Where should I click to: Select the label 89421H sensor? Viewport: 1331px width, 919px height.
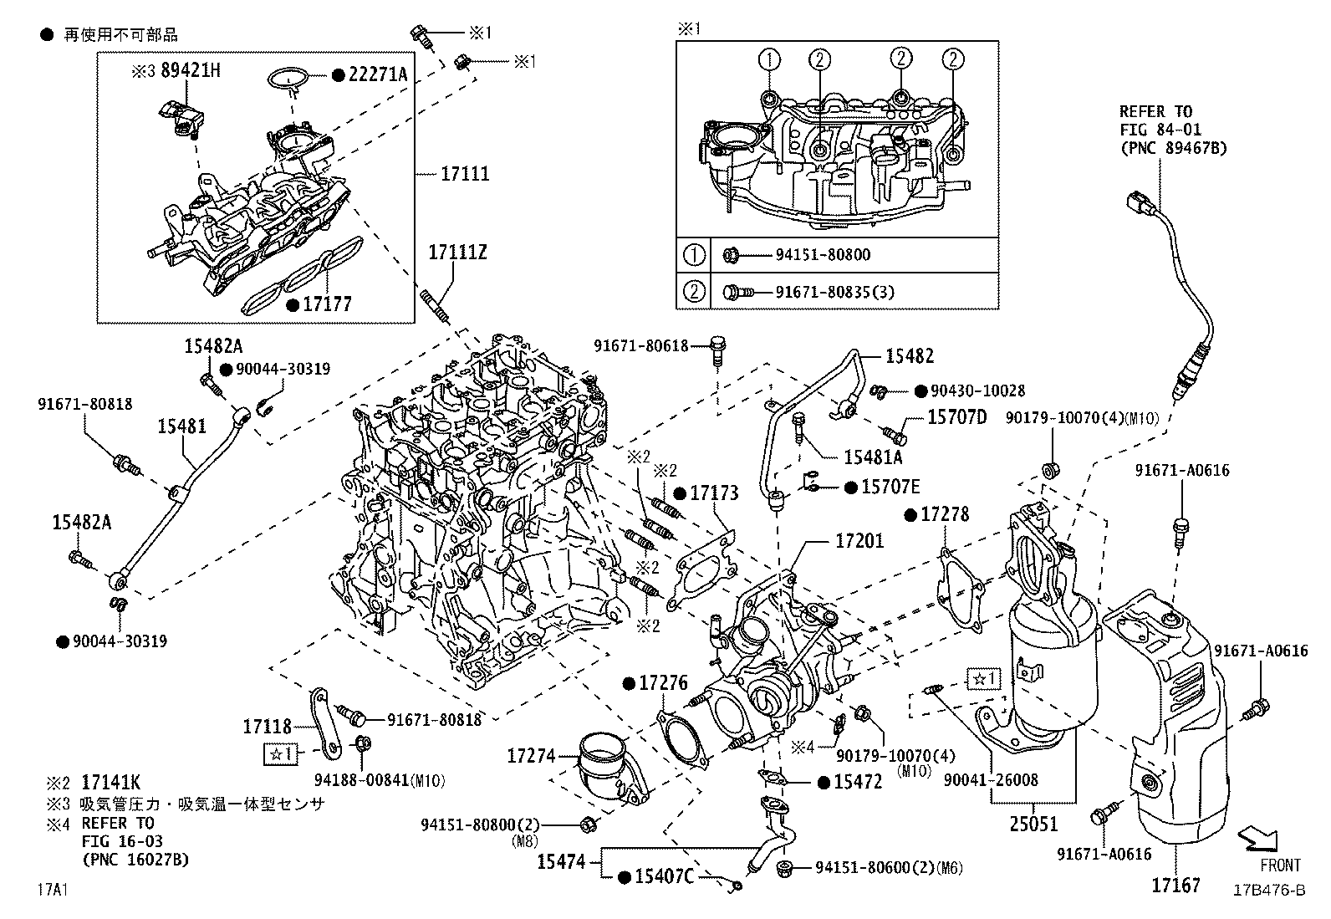[190, 70]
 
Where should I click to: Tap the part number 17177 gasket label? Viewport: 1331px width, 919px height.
[327, 304]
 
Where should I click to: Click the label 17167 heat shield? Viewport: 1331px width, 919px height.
[1175, 885]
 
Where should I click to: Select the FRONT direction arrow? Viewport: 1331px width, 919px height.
[1257, 839]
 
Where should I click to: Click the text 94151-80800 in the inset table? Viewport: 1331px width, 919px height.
[810, 255]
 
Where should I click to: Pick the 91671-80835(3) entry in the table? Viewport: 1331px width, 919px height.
[824, 292]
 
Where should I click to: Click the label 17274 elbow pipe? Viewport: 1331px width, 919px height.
[530, 756]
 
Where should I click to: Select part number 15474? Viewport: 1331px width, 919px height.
[562, 860]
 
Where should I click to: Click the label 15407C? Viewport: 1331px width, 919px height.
[664, 876]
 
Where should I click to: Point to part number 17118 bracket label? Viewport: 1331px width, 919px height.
[268, 727]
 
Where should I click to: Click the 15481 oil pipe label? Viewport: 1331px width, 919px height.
[182, 426]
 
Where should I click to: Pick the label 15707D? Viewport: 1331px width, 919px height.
[956, 416]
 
